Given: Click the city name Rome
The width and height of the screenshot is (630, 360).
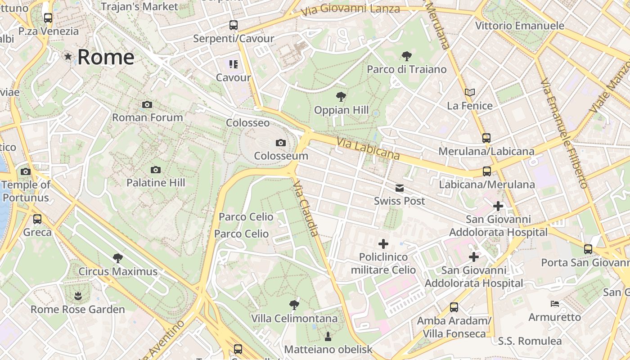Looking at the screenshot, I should coord(106,57).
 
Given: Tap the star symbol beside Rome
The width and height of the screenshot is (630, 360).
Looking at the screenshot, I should coord(68,57).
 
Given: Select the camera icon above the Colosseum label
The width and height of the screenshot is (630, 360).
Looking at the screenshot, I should coord(281,143).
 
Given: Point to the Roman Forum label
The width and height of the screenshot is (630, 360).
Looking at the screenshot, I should coord(147,117).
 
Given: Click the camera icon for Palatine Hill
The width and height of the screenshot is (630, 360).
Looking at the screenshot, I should coord(156,170).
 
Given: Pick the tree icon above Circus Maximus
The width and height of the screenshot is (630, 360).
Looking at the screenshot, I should coord(118,258).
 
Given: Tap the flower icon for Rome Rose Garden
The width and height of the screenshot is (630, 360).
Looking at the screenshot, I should coord(78,296).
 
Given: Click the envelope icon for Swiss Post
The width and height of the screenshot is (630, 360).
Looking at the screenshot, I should coord(400,188).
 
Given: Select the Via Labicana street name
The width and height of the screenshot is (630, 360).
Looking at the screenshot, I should coord(368,148).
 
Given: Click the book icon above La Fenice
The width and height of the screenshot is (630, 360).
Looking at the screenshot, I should coord(470,93).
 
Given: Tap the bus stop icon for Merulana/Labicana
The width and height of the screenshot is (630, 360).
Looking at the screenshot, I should coord(486,138).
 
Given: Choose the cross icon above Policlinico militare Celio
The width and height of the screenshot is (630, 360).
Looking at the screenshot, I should coord(383,244).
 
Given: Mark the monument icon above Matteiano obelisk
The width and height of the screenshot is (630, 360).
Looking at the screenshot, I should coord(328,336).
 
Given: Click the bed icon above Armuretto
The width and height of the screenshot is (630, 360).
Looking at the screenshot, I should coord(555,304).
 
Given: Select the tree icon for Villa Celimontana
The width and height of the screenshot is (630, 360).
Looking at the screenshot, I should coord(294,305).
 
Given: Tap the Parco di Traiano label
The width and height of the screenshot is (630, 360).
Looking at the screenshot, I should coord(407,69).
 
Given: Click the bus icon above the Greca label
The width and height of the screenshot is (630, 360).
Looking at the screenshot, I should coord(37,219).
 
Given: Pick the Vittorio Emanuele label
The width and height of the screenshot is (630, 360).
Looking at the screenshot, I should coord(520,26).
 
